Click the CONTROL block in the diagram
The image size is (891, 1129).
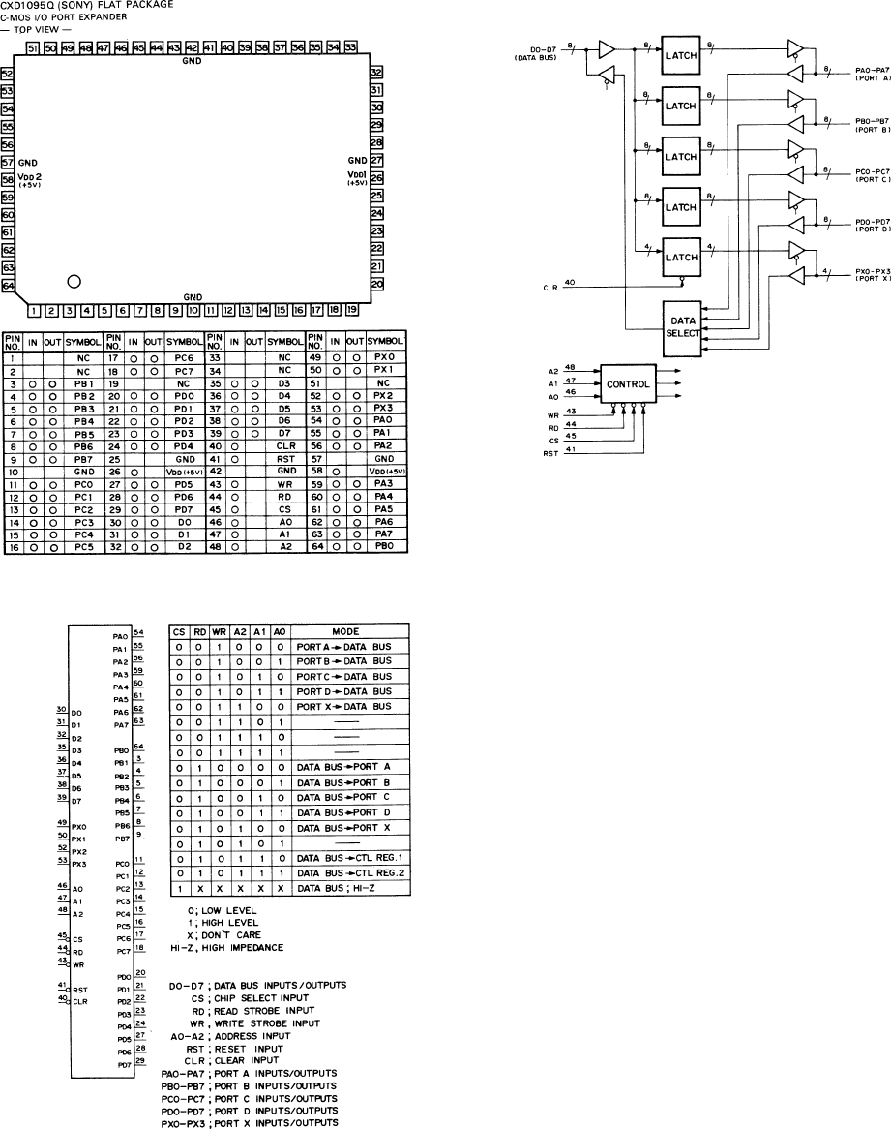[627, 383]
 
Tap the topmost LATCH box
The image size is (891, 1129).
[681, 54]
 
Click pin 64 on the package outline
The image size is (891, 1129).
[8, 314]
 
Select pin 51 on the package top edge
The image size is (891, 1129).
[33, 47]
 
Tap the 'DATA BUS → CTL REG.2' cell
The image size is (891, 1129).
[344, 872]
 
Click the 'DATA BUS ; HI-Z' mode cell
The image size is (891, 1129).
[344, 888]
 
